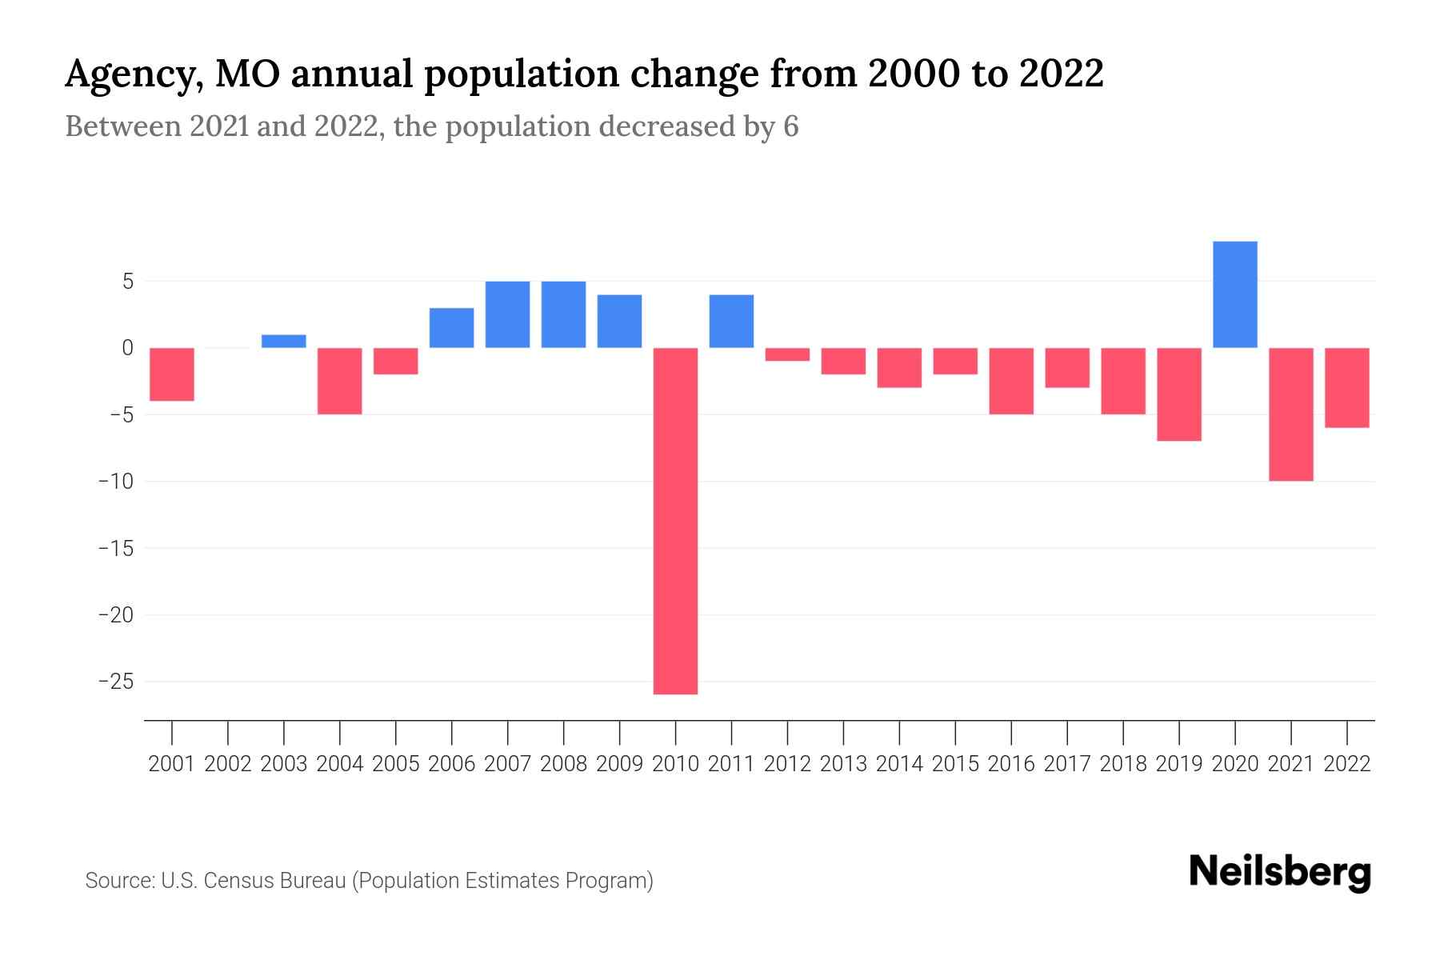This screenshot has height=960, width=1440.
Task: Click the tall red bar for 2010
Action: pyautogui.click(x=675, y=520)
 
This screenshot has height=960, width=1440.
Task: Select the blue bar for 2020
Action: pyautogui.click(x=1234, y=294)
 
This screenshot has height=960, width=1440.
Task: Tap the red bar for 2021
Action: pyautogui.click(x=1290, y=414)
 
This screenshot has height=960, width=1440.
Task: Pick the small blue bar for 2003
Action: pyautogui.click(x=284, y=341)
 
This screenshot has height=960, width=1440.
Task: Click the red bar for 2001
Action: pyautogui.click(x=172, y=374)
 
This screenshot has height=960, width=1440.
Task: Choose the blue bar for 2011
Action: pyautogui.click(x=731, y=321)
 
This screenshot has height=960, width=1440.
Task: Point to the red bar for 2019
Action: pyautogui.click(x=1178, y=394)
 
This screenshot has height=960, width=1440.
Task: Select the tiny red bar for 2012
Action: pyautogui.click(x=787, y=354)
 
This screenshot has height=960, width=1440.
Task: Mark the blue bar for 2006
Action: pyautogui.click(x=451, y=327)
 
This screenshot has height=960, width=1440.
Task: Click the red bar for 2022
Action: pyautogui.click(x=1346, y=387)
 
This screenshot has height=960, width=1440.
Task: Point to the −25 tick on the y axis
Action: pyautogui.click(x=115, y=682)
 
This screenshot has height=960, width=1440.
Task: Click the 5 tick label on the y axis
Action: pyautogui.click(x=127, y=282)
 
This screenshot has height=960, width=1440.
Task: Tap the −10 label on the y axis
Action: pyautogui.click(x=115, y=482)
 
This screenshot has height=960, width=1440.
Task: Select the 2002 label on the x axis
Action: pyautogui.click(x=228, y=764)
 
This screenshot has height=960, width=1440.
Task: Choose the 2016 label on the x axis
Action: pyautogui.click(x=1010, y=764)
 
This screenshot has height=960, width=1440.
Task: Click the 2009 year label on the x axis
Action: pyautogui.click(x=619, y=764)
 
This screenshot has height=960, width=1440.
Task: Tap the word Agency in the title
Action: pyautogui.click(x=129, y=75)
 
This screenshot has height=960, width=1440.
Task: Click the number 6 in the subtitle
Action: pyautogui.click(x=790, y=126)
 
